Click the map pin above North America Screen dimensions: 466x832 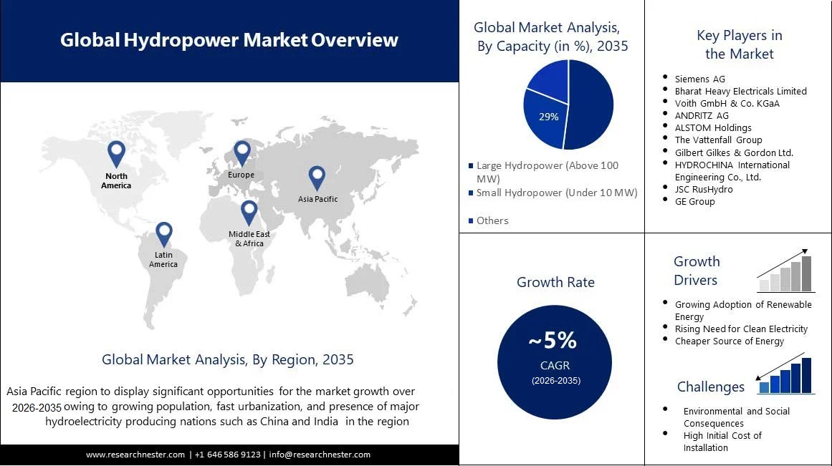[116, 152]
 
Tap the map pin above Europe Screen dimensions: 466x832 [242, 151]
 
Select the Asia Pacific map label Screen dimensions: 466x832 [317, 199]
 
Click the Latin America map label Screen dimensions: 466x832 [163, 259]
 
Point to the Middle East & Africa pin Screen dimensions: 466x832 [249, 212]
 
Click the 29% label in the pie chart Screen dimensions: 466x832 [549, 117]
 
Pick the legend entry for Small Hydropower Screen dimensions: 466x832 [556, 193]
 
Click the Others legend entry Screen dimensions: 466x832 [492, 220]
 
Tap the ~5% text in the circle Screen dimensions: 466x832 [553, 340]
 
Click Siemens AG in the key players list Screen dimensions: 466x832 [699, 79]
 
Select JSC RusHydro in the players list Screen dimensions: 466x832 [704, 189]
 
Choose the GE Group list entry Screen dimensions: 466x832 [694, 201]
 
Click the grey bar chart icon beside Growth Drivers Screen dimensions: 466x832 [785, 273]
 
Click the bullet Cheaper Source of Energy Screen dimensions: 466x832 [729, 341]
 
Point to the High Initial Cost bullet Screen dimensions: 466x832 [722, 441]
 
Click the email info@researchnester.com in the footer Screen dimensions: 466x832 [320, 455]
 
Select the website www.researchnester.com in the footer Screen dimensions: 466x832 [136, 455]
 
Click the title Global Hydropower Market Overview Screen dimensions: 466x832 [229, 39]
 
